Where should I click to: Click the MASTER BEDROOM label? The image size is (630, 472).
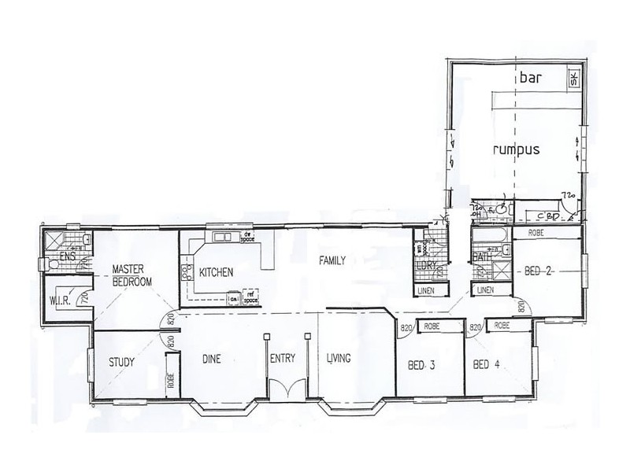(x=131, y=275)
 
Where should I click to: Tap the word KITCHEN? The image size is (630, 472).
(x=216, y=273)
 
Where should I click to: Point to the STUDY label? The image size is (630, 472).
(x=121, y=363)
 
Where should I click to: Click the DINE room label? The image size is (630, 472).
(x=210, y=360)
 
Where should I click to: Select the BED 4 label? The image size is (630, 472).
(x=488, y=365)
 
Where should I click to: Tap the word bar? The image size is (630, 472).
(x=528, y=79)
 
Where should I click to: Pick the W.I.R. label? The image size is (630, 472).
(x=61, y=300)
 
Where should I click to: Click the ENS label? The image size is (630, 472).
(x=66, y=256)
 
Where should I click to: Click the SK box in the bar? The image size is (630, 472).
(x=573, y=79)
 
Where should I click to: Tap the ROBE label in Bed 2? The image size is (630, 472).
(x=537, y=234)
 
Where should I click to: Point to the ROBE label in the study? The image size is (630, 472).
(x=169, y=381)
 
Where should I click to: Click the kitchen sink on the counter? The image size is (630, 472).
(x=220, y=237)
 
